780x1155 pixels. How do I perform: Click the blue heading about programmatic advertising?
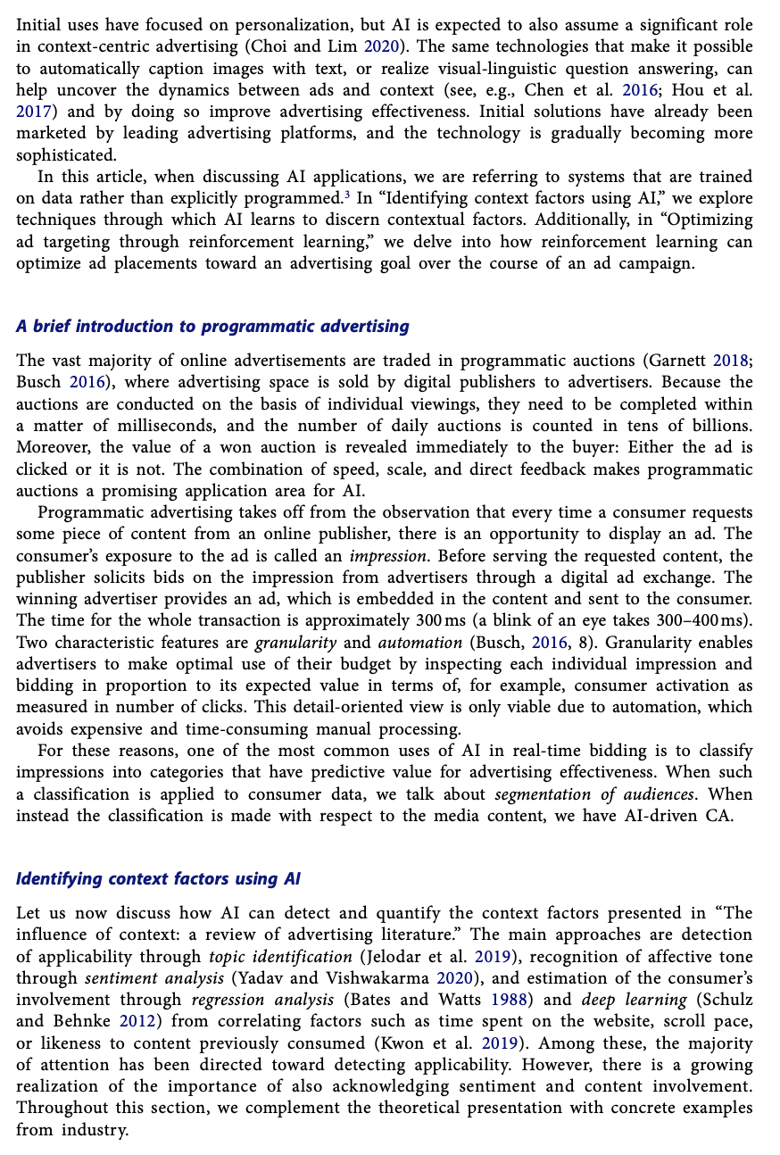212,327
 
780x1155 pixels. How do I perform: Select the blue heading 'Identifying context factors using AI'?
158,879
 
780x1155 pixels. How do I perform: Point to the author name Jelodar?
394,957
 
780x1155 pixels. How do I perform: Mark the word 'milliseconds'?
146,426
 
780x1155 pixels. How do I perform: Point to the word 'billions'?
718,426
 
